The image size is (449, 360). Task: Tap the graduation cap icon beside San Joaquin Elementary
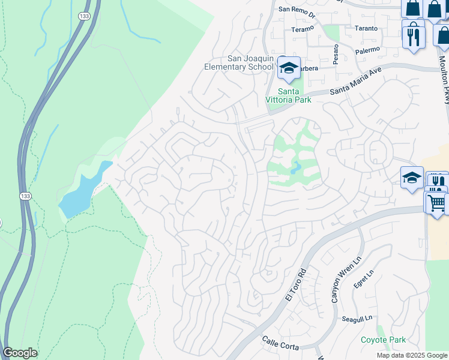[289, 68]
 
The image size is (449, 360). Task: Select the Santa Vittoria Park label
[289, 95]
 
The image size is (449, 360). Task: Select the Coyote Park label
[383, 340]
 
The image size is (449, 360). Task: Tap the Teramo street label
[303, 29]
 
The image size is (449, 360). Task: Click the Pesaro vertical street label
[336, 54]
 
